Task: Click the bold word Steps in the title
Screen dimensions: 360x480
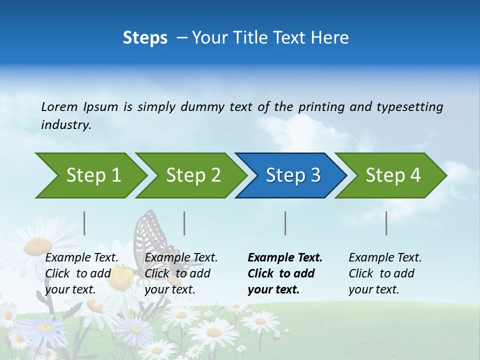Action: pyautogui.click(x=145, y=38)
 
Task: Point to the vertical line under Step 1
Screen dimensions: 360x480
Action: pyautogui.click(x=84, y=223)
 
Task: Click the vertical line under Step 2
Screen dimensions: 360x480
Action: pyautogui.click(x=184, y=223)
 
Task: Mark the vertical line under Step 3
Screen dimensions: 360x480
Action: pyautogui.click(x=285, y=223)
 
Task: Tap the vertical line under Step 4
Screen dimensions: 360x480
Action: pyautogui.click(x=386, y=223)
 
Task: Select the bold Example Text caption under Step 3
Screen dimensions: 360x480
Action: pyautogui.click(x=285, y=273)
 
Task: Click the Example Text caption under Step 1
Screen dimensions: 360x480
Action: pyautogui.click(x=81, y=273)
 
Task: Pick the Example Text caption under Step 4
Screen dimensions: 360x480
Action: pyautogui.click(x=385, y=273)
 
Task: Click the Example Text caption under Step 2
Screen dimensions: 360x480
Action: pyautogui.click(x=181, y=273)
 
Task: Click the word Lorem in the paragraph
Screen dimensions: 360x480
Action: pyautogui.click(x=59, y=106)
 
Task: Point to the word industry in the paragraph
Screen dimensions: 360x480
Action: pyautogui.click(x=65, y=125)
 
